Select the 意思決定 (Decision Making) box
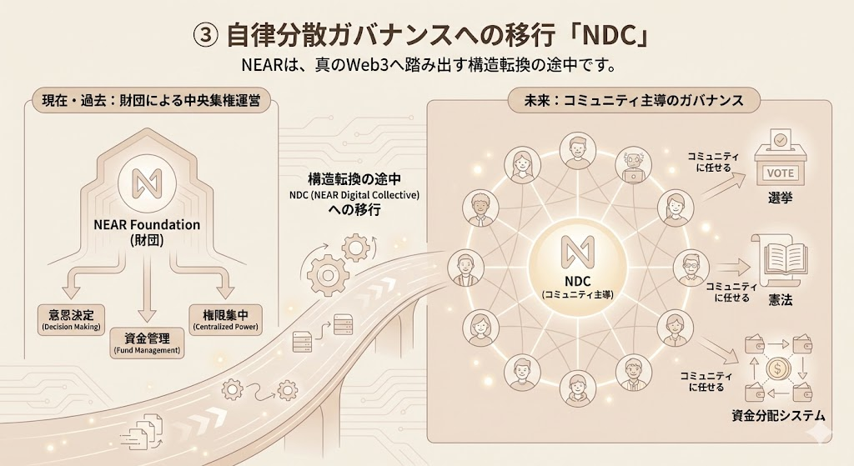(x=71, y=319)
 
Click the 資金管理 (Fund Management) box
(x=147, y=342)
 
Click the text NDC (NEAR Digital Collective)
(x=349, y=196)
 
